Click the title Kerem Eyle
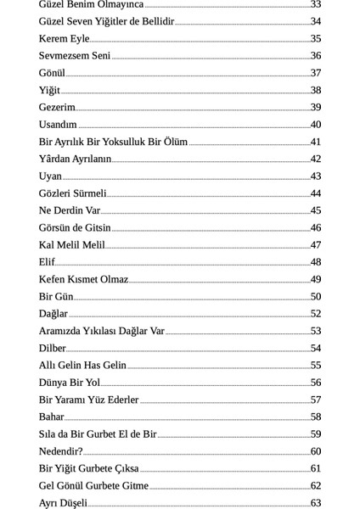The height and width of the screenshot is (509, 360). (64, 38)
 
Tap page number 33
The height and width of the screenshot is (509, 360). (316, 4)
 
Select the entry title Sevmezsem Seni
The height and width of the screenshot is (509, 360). (75, 56)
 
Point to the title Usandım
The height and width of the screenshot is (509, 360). (58, 125)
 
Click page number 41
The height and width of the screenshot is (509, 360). (316, 142)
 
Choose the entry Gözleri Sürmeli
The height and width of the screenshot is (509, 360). (73, 193)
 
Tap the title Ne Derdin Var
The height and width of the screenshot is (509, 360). (70, 210)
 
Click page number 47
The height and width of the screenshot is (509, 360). (316, 245)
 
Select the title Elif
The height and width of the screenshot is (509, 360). (47, 262)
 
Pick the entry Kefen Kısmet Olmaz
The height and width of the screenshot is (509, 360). (83, 279)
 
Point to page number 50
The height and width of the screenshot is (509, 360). (316, 296)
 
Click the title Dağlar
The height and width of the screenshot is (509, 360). (53, 314)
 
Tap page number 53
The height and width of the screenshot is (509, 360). (316, 331)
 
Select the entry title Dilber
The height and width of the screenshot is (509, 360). (53, 348)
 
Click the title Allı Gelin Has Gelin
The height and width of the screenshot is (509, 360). (82, 366)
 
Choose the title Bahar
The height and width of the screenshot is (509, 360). (51, 417)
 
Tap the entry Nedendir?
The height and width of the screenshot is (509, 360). (61, 451)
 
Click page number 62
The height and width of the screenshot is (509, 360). (316, 486)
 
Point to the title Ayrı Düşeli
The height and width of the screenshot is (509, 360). (63, 503)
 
